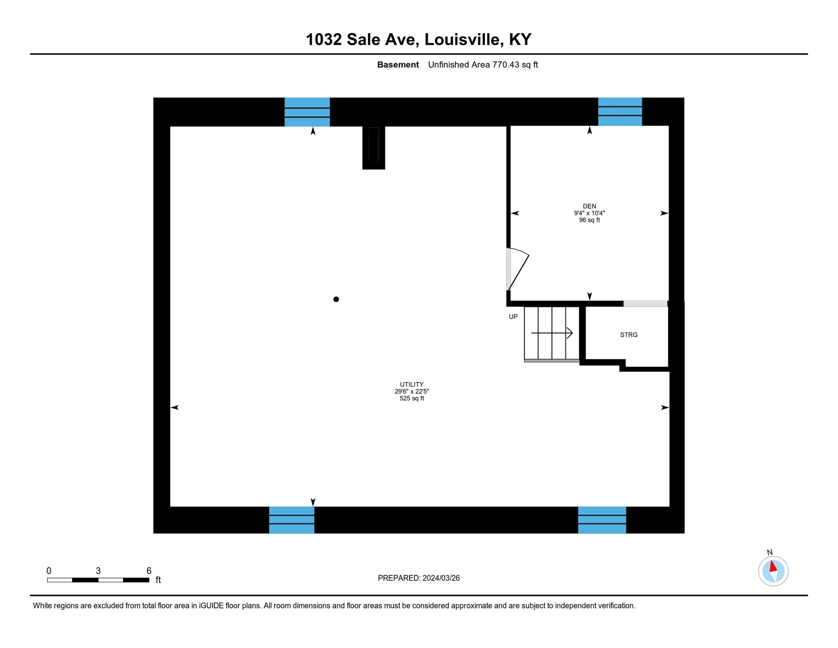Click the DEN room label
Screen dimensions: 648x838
point(589,206)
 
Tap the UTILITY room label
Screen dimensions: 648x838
point(412,384)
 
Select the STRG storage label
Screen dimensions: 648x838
point(628,335)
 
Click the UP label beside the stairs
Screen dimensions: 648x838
point(513,316)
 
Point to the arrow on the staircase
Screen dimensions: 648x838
point(552,333)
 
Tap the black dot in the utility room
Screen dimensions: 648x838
point(336,299)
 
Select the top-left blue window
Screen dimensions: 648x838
point(307,112)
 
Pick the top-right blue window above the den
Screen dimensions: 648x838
point(620,111)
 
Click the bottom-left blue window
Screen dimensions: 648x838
point(291,520)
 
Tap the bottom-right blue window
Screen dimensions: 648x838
point(602,520)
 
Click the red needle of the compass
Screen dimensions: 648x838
point(773,567)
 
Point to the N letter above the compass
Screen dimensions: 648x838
point(770,552)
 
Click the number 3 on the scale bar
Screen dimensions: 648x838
point(98,571)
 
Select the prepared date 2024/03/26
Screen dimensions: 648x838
point(441,578)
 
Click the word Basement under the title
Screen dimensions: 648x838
point(398,65)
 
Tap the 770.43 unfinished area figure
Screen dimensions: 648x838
point(506,65)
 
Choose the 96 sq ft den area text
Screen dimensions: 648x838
point(589,220)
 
